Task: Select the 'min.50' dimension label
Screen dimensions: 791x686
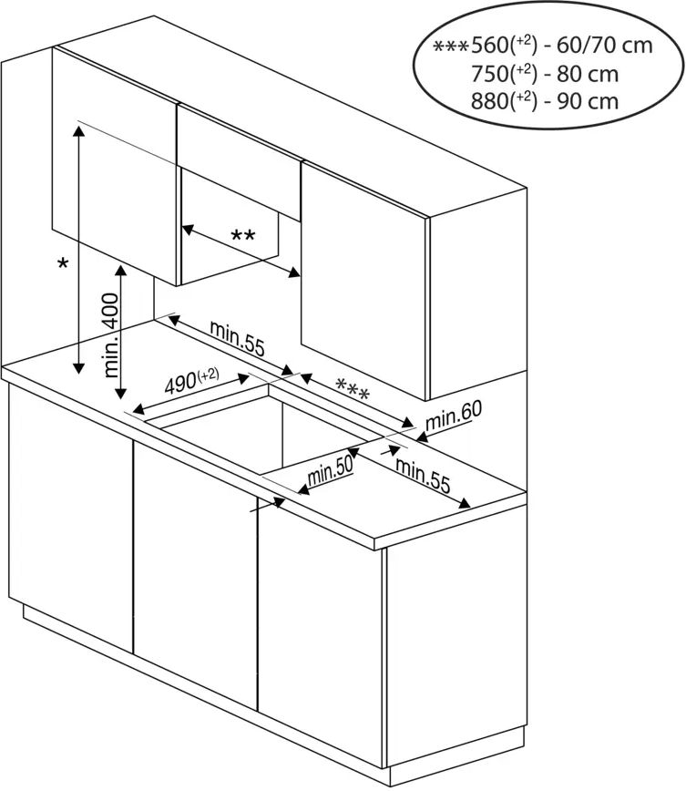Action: [330, 471]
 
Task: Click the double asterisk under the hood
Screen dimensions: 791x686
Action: [242, 237]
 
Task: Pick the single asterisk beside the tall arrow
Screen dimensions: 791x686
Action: [62, 264]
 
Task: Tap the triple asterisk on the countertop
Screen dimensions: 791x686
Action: [353, 390]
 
